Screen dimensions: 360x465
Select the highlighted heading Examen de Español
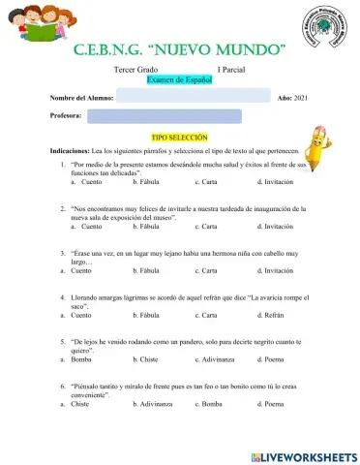[x=178, y=80]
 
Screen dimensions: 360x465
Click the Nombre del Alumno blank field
[x=193, y=97]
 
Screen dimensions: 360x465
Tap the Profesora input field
[x=164, y=116]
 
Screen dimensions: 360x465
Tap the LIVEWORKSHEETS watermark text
[x=303, y=455]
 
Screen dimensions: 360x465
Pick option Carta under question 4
[x=205, y=315]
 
